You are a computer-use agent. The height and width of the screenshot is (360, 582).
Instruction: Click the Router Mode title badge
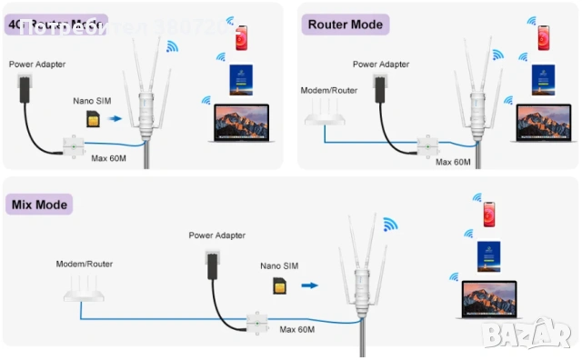[x=346, y=24]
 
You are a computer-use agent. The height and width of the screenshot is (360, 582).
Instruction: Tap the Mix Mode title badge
[x=41, y=204]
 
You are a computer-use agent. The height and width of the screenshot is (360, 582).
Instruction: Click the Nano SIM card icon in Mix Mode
[x=279, y=285]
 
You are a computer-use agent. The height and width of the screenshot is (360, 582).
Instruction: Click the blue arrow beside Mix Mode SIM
[x=310, y=285]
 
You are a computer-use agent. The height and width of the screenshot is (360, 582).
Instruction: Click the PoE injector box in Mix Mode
[x=257, y=323]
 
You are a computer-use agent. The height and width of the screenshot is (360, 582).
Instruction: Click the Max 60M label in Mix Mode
[x=297, y=328]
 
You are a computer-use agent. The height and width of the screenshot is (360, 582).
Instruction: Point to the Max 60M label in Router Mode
[x=453, y=162]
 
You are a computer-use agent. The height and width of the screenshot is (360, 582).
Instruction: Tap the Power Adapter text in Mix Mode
[x=215, y=235]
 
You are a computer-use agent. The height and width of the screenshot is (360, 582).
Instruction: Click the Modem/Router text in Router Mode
[x=326, y=90]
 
